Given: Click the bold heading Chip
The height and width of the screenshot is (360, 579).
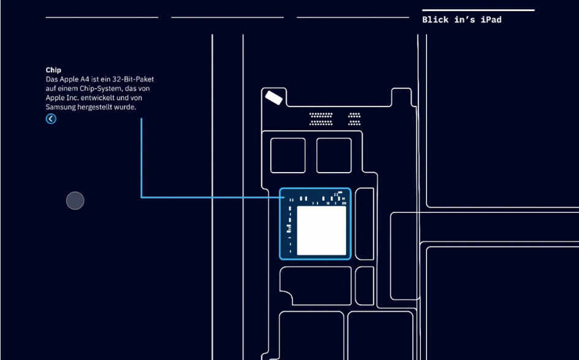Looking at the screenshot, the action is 53,70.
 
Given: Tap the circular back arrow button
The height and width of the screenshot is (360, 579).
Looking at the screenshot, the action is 51,119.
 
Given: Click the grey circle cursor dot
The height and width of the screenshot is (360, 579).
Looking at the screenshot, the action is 75,201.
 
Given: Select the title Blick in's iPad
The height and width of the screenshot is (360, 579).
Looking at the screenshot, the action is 461,20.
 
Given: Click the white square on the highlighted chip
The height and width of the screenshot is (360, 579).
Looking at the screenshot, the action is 322,231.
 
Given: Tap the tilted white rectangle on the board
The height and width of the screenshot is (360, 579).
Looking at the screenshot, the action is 274,98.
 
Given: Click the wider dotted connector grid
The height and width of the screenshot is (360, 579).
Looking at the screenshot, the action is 321,119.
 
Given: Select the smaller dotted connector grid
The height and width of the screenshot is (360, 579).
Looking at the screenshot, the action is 354,119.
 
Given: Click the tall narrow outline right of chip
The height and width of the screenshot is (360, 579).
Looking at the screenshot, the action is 365,224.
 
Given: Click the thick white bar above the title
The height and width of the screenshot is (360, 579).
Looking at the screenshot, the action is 478,10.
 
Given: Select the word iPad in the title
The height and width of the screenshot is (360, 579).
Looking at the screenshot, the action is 491,20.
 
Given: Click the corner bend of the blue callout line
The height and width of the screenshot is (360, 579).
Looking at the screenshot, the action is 142,197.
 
